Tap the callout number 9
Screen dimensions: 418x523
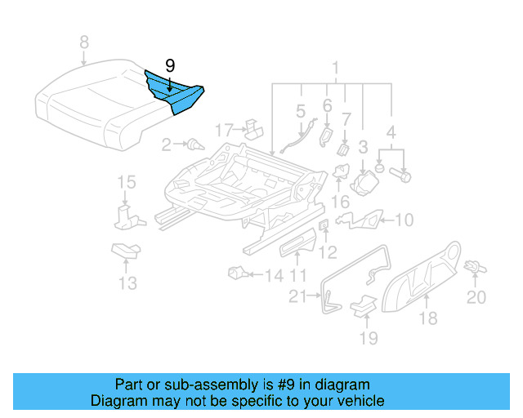169,63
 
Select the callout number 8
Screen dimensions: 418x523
83,42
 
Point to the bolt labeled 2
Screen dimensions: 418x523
194,145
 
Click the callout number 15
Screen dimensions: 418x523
124,182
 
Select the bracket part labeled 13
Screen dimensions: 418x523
126,251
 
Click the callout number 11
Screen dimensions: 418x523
298,276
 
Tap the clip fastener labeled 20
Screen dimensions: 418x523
474,266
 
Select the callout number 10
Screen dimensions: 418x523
405,220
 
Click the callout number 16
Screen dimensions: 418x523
339,201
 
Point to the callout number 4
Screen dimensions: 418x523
393,131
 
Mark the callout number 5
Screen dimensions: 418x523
300,110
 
